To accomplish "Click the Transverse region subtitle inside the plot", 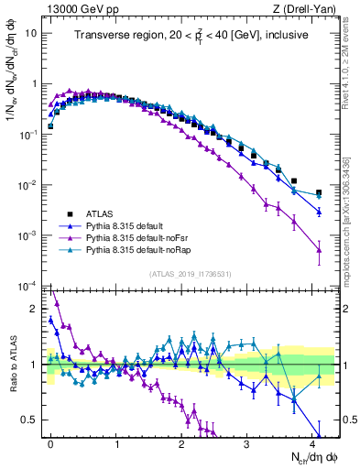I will point(191,35).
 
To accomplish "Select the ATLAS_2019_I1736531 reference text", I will point(191,274).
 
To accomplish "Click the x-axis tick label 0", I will point(50,442).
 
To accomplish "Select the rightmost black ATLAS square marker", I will point(319,193).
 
